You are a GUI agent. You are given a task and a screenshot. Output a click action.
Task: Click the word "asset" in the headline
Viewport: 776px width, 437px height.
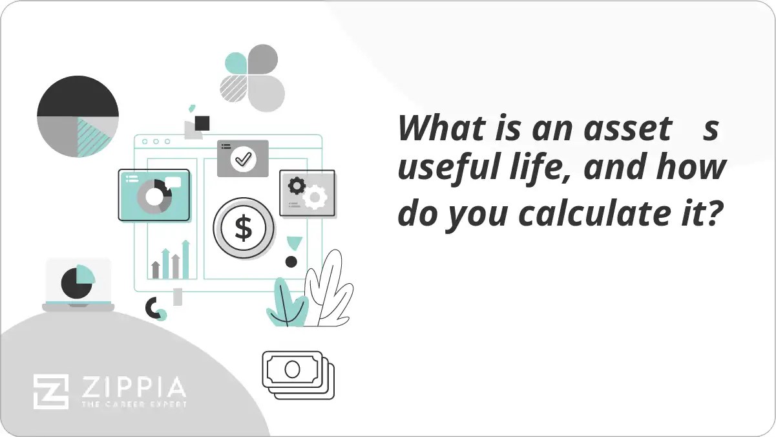coord(627,129)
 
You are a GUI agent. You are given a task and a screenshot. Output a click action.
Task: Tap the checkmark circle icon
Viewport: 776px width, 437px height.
coord(243,158)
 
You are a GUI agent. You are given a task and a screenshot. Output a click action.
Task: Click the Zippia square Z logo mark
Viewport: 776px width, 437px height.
coord(51,391)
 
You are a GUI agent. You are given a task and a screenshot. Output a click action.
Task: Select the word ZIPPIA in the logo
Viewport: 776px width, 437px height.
coord(133,387)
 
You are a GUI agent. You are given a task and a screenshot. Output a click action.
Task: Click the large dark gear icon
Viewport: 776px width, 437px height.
coord(297,186)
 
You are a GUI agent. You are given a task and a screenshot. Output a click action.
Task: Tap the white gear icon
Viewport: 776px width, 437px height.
coord(315,197)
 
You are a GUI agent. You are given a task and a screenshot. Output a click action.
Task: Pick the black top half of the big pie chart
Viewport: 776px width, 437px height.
coord(78,97)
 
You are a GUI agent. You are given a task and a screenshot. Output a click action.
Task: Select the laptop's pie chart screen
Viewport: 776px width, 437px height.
coord(78,281)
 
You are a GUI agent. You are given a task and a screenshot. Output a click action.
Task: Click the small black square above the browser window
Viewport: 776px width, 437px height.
coord(202,123)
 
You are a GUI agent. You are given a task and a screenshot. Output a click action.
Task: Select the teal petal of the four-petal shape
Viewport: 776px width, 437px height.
coord(236,63)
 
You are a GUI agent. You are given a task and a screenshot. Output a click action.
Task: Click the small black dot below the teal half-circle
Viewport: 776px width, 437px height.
coord(291,262)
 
